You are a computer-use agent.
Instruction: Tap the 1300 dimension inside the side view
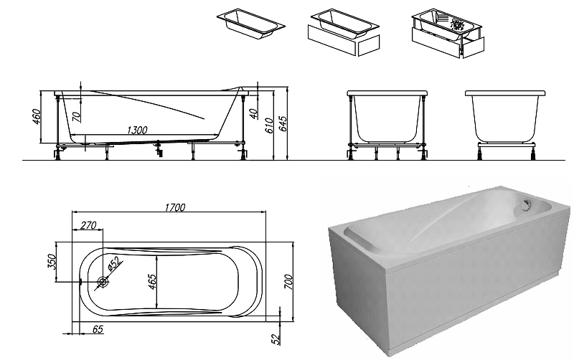point(136,130)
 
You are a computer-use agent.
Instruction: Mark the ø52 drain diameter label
point(113,266)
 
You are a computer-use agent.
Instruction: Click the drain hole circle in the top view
point(103,282)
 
